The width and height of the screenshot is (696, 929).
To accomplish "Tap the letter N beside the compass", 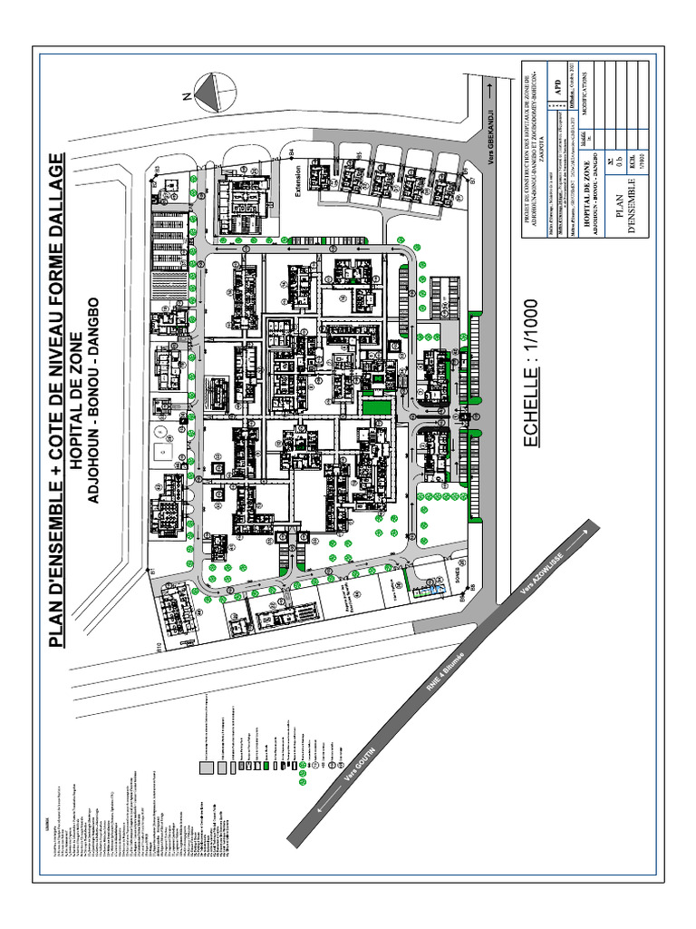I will (x=186, y=94).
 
